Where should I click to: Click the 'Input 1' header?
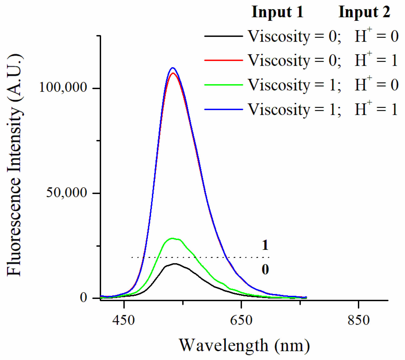coord(278,12)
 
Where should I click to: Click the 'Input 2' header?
coord(364,12)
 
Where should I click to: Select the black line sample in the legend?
coord(223,36)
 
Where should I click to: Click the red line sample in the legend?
coord(223,60)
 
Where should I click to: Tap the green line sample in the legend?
coord(223,85)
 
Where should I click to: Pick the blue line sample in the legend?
coord(223,109)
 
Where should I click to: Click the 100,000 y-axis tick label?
coord(63,88)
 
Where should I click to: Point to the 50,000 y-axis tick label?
coord(66,193)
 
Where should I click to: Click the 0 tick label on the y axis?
coord(84,297)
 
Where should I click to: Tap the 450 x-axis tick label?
coord(124,320)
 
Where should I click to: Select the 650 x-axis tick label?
coord(241,320)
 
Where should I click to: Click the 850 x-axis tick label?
coord(359,320)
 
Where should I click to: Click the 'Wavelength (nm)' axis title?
coord(244,345)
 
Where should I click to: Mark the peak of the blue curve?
coord(173,68)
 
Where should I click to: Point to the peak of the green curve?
coord(172,238)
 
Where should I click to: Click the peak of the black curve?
coord(175,264)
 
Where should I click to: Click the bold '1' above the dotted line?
coord(265,245)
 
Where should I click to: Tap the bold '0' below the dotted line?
coord(265,269)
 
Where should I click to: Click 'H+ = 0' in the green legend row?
coord(376,85)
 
